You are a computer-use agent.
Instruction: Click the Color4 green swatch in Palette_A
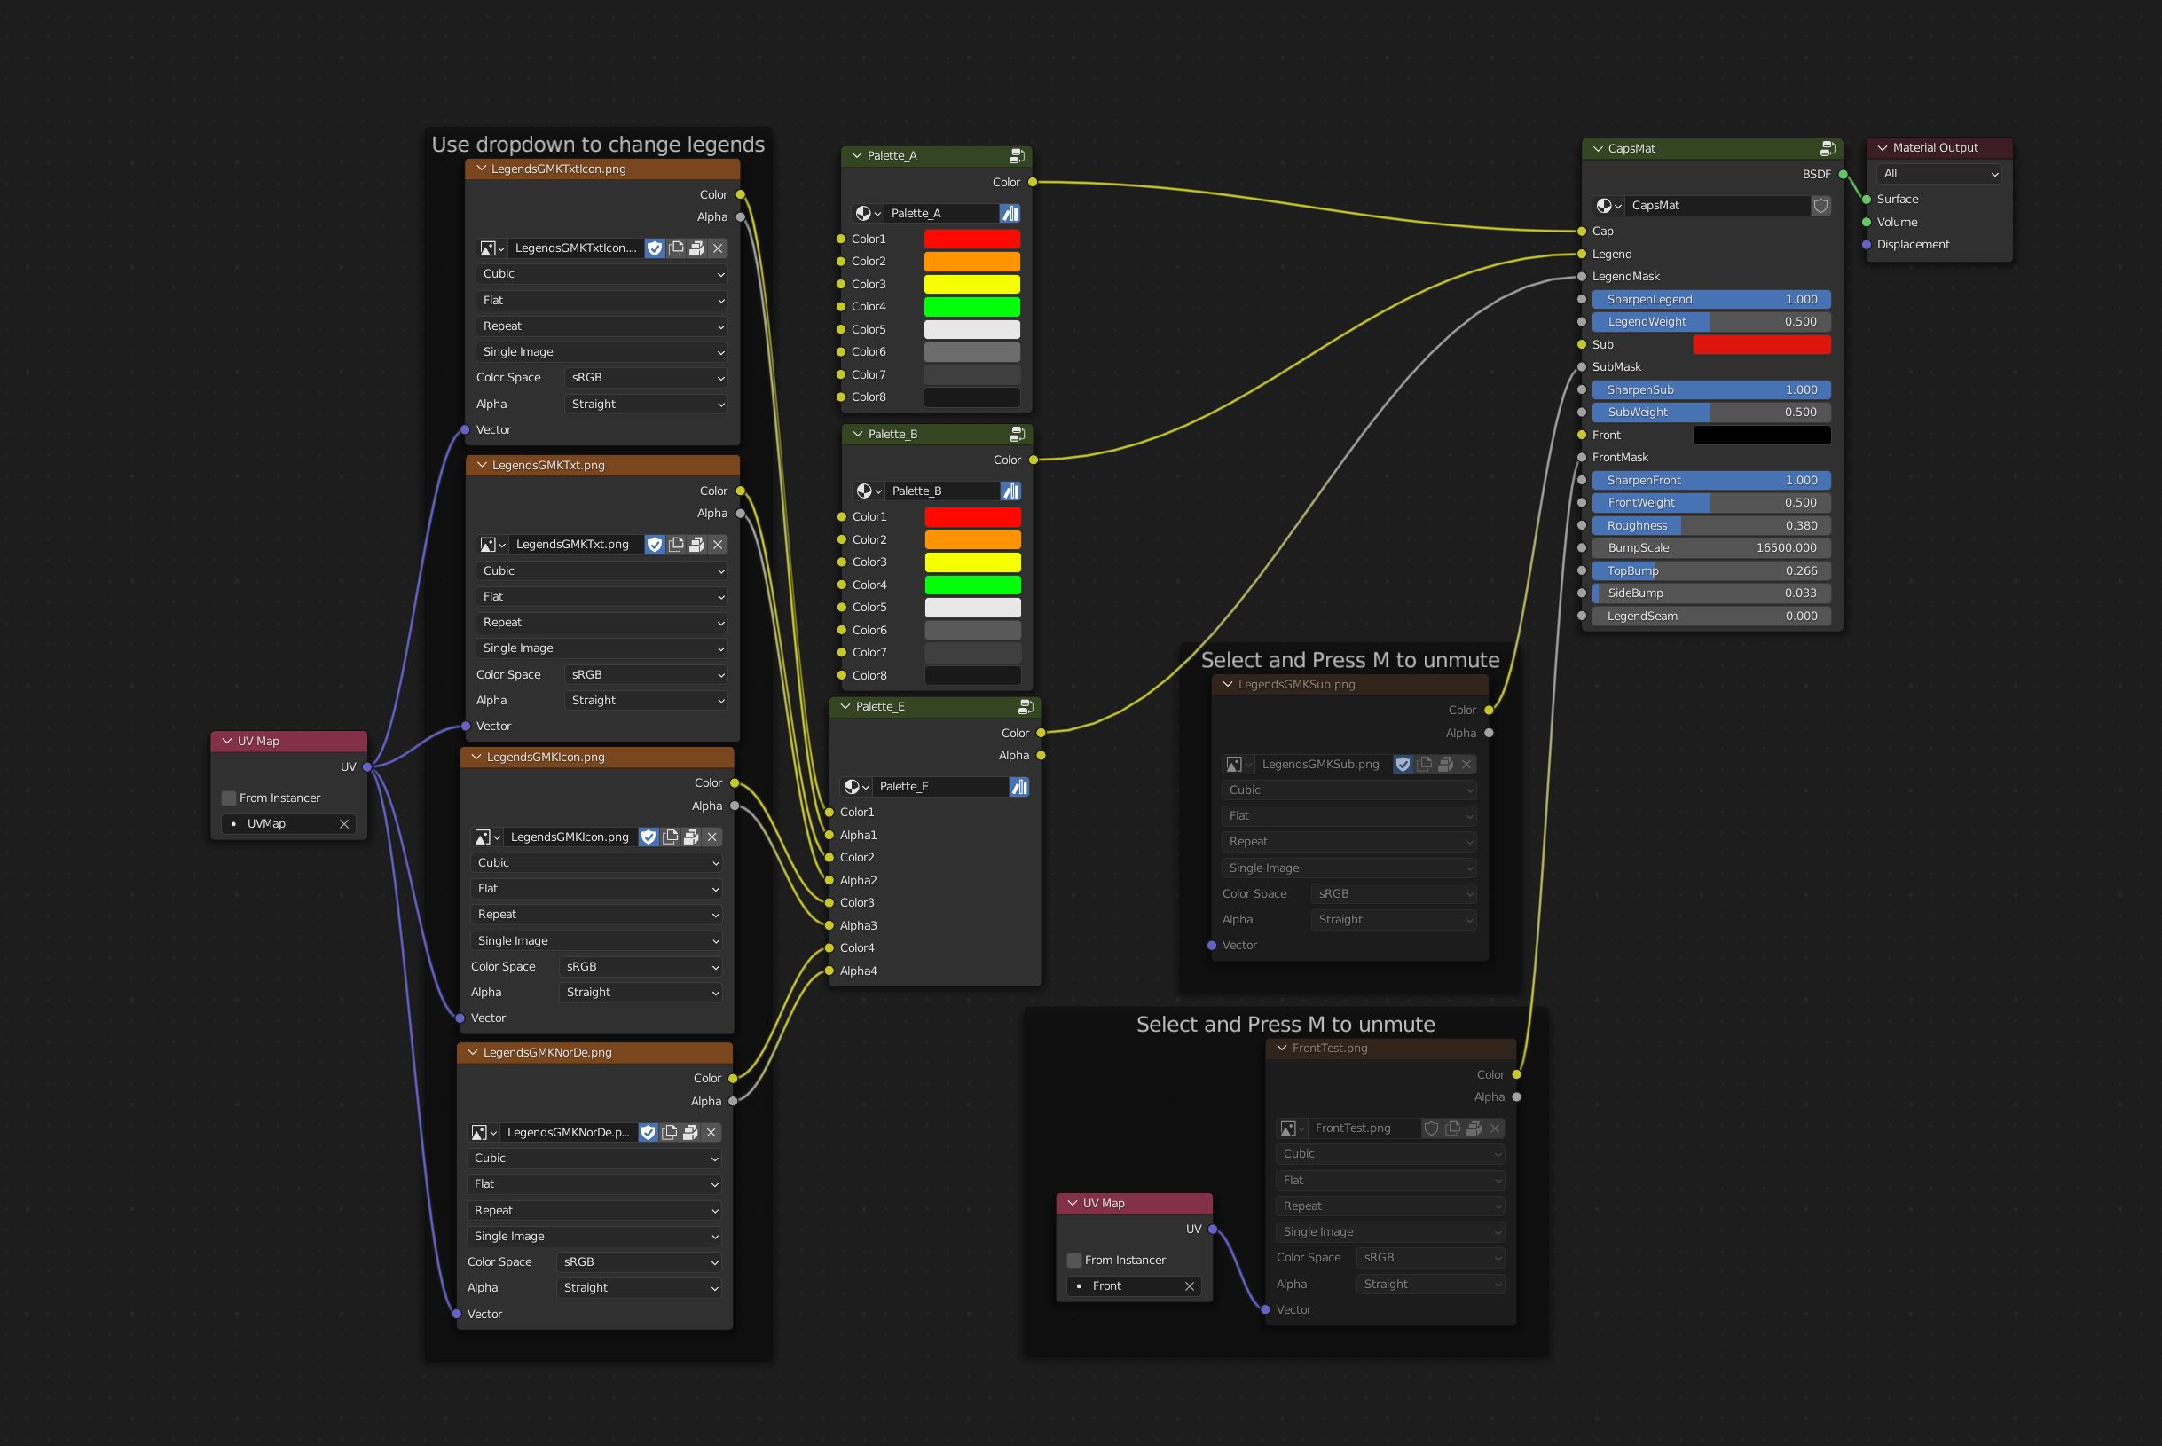[971, 306]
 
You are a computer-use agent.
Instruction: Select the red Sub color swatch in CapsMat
[1762, 344]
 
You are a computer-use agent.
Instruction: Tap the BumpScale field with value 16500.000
[1711, 547]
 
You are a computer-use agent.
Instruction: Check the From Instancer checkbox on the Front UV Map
[1074, 1260]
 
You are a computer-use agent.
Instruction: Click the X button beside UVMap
[344, 823]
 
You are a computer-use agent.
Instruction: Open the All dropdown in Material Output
[1940, 173]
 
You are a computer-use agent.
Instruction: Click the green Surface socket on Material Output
[1867, 200]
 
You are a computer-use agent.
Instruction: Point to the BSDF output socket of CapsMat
[1843, 174]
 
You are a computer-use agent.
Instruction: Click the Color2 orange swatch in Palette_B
[972, 539]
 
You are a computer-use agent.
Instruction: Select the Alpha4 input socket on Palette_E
[829, 971]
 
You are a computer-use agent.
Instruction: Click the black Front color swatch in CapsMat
[1762, 436]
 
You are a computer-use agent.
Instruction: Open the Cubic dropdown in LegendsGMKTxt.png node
[602, 570]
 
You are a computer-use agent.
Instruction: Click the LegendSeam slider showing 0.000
[1711, 616]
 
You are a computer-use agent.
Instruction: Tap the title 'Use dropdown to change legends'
[598, 145]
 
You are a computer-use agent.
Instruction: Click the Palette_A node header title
[892, 156]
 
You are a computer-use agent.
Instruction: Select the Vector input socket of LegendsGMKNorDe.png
[455, 1314]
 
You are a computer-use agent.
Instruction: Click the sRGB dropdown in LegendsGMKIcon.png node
[641, 966]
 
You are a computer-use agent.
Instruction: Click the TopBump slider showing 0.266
[1711, 570]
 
